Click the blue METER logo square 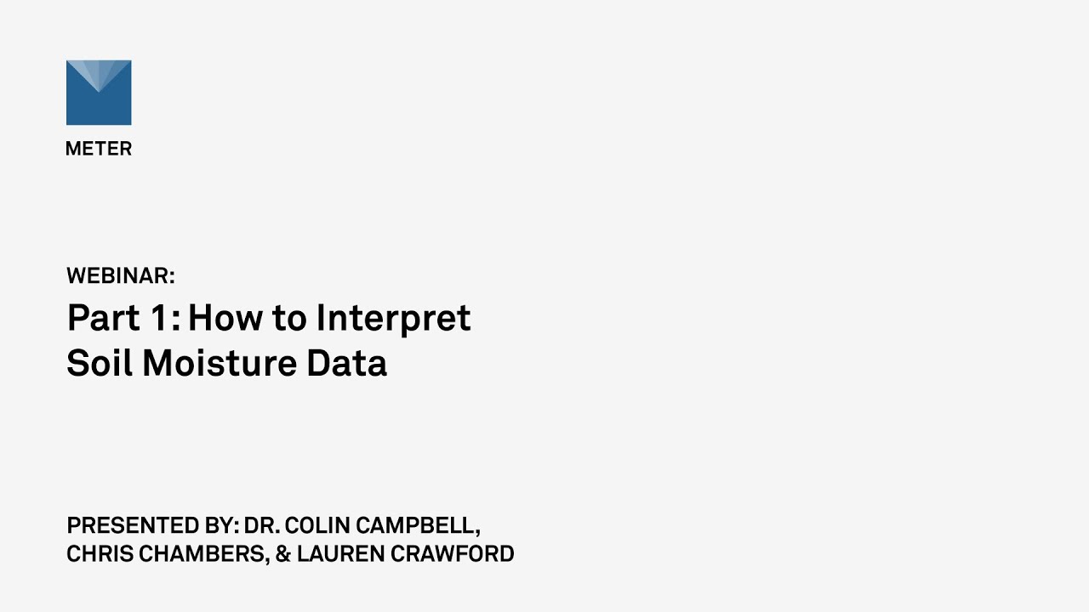(99, 93)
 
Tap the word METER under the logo (99, 149)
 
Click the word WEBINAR (120, 275)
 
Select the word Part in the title (103, 318)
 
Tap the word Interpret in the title (393, 318)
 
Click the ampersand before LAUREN (283, 554)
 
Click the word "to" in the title (289, 318)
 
